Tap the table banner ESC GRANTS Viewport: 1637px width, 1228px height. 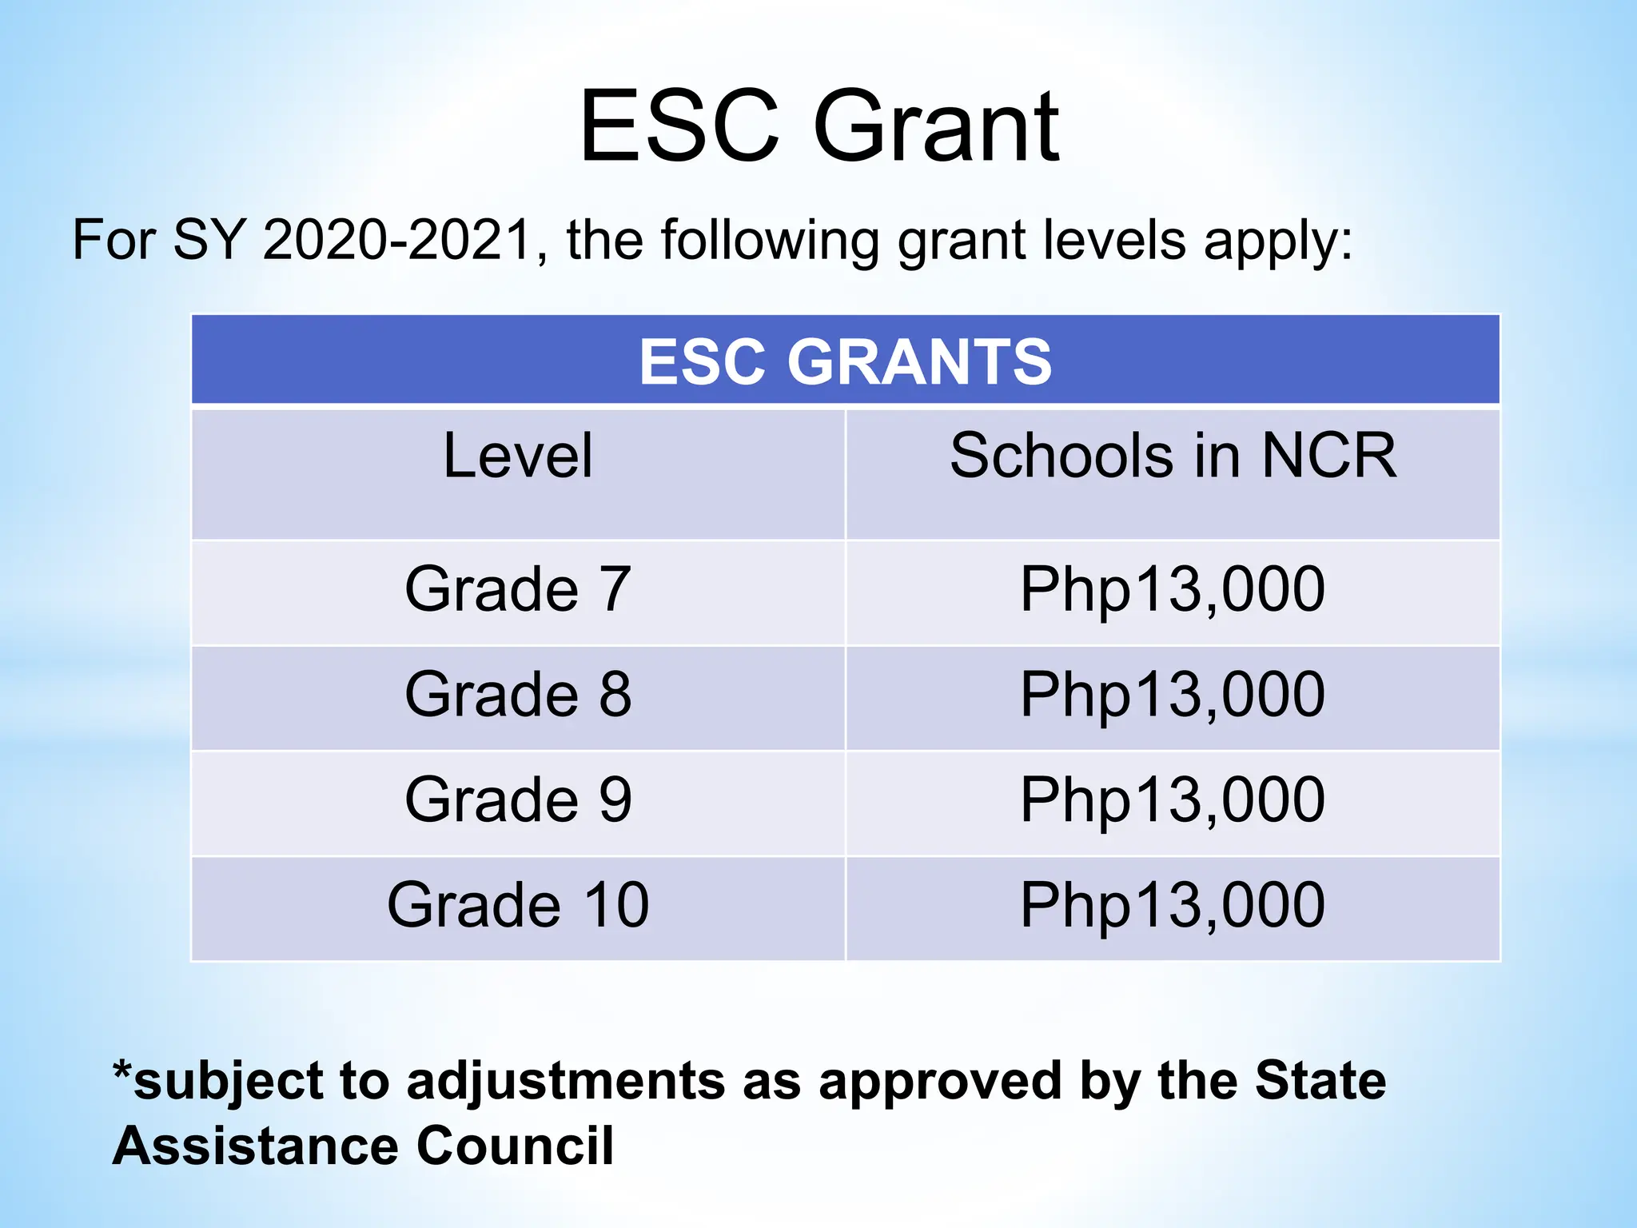pyautogui.click(x=845, y=361)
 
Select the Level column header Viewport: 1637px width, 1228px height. pyautogui.click(x=518, y=456)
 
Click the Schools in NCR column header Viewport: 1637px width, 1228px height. pyautogui.click(x=1173, y=456)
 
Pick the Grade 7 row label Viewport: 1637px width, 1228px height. pyautogui.click(x=518, y=589)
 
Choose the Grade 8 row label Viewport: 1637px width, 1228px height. pyautogui.click(x=518, y=694)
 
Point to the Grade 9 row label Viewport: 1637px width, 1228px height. pyautogui.click(x=518, y=799)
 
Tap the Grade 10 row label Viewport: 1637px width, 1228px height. pyautogui.click(x=518, y=905)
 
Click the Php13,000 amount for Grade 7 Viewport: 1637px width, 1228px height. pyautogui.click(x=1173, y=589)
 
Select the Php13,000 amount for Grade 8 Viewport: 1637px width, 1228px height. pyautogui.click(x=1173, y=694)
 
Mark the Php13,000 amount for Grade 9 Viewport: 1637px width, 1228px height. pyautogui.click(x=1173, y=799)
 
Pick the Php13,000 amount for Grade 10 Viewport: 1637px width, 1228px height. pyautogui.click(x=1173, y=905)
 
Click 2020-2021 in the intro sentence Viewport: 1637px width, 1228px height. pyautogui.click(x=397, y=239)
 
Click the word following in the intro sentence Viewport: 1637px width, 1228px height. pyautogui.click(x=769, y=241)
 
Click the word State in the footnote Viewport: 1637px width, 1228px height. pyautogui.click(x=1320, y=1080)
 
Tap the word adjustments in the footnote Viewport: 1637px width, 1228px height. pyautogui.click(x=567, y=1082)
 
